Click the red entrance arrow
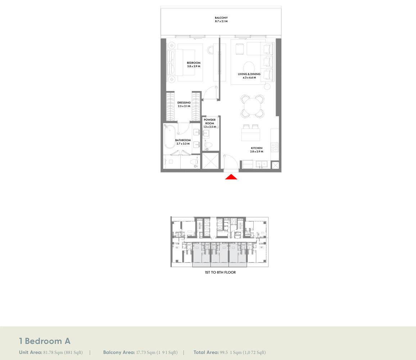point(231,176)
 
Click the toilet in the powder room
point(208,145)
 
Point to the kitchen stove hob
point(274,147)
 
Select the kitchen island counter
point(250,135)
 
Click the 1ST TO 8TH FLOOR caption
point(220,273)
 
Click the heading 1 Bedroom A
point(45,341)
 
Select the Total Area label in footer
point(206,352)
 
